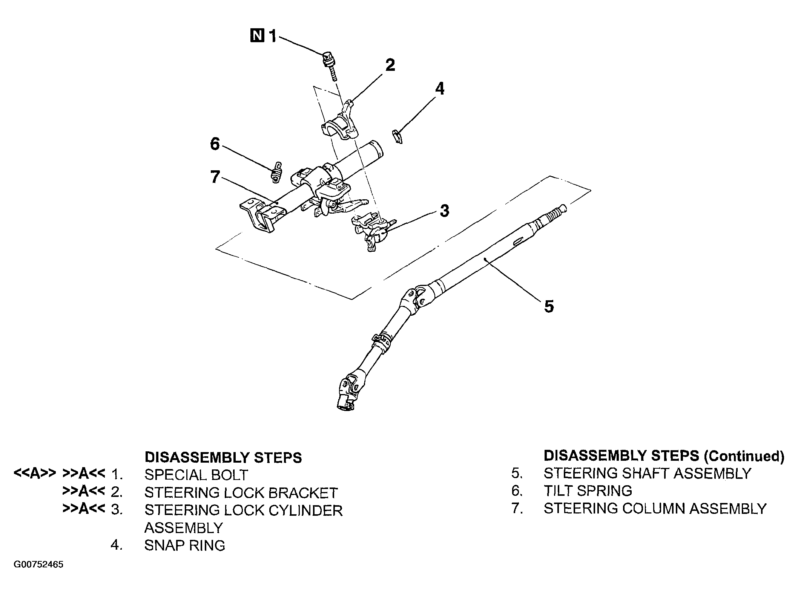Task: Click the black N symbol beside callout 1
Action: pos(257,37)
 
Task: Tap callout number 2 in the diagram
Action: pos(390,65)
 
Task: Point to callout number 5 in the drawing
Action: pos(549,306)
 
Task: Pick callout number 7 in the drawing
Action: pos(215,177)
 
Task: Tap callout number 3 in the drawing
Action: pos(445,211)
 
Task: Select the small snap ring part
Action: pos(397,136)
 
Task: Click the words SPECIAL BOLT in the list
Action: pos(196,475)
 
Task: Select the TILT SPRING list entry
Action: pos(588,491)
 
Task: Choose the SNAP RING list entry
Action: pos(184,545)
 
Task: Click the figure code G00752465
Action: pos(38,575)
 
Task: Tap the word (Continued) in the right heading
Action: pos(744,456)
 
